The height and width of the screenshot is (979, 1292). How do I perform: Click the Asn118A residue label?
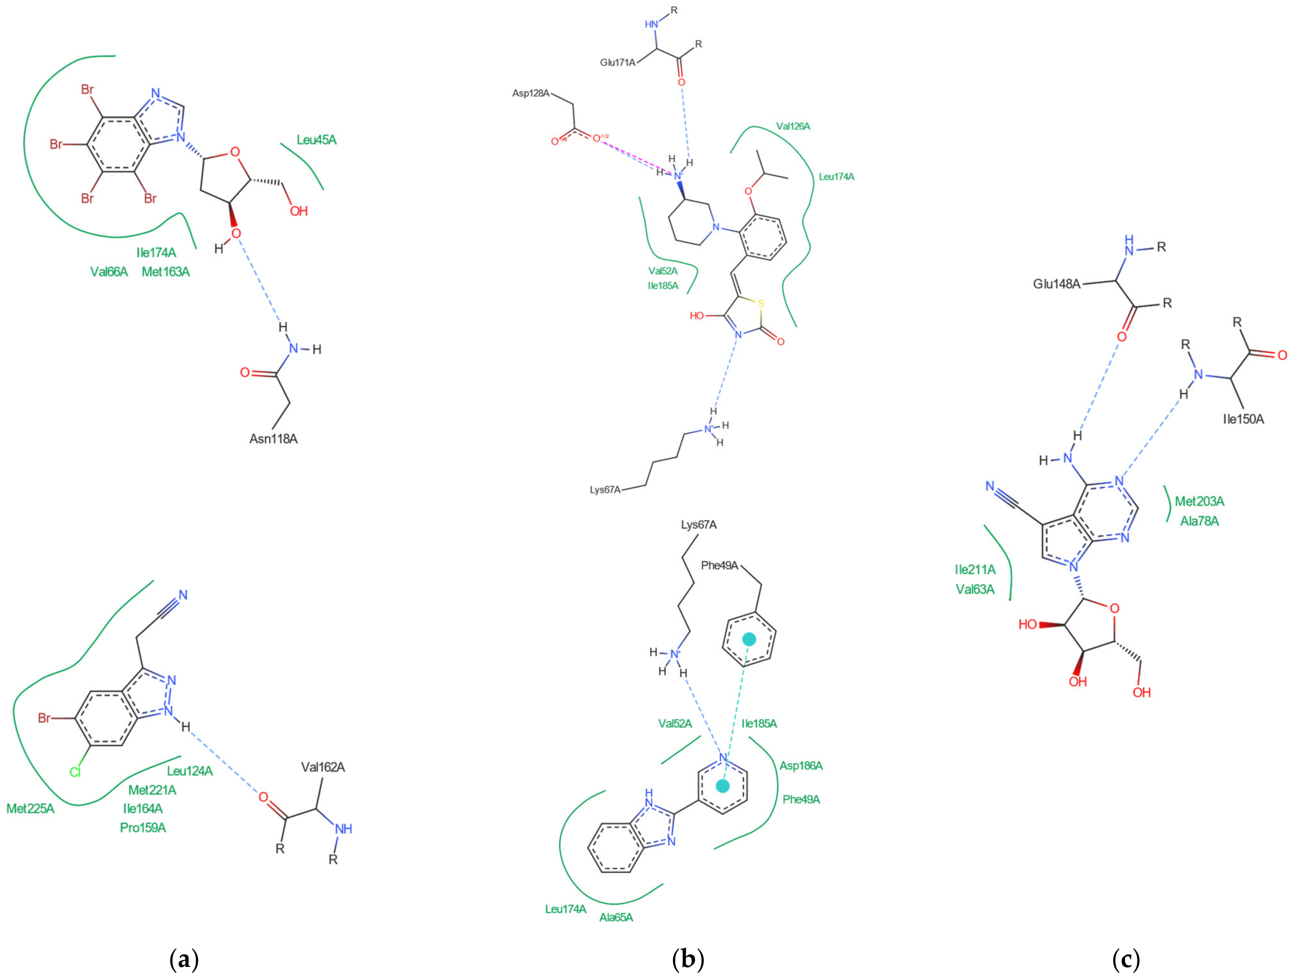coord(274,439)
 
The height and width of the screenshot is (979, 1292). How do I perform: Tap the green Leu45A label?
coord(317,140)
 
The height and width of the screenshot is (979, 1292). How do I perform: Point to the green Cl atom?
coord(75,772)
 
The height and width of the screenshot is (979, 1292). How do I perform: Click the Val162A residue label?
coord(323,767)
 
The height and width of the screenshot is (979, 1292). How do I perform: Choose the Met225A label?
coord(30,808)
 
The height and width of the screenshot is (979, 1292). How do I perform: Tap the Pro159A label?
coord(143,828)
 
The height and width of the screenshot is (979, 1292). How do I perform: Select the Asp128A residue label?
coord(531,93)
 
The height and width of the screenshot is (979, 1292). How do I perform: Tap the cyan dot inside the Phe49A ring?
coord(749,639)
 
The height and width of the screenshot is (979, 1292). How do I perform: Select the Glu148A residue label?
coord(1057,284)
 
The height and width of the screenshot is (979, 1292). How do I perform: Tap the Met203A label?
coord(1199,501)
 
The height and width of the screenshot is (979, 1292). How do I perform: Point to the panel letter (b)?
coord(688,959)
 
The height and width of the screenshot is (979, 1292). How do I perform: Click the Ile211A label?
coord(975,570)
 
